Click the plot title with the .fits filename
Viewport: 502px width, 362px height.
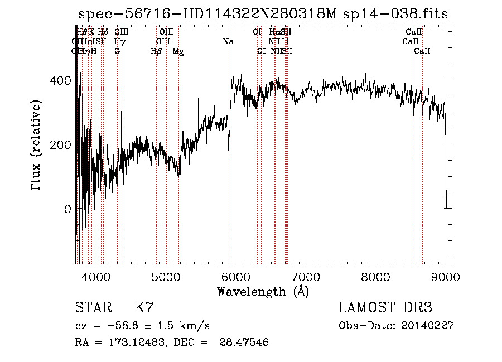click(x=263, y=15)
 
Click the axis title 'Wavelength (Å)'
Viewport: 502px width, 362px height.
click(x=263, y=291)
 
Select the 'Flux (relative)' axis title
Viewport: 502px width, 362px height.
click(x=37, y=145)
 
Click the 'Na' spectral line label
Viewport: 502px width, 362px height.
click(x=228, y=42)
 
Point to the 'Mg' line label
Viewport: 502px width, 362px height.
click(x=178, y=51)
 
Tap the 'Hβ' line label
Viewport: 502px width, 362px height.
click(x=156, y=51)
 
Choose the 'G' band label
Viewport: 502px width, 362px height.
click(x=117, y=51)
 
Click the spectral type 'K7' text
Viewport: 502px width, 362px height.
click(x=144, y=308)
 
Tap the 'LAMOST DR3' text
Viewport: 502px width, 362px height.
click(x=385, y=308)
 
